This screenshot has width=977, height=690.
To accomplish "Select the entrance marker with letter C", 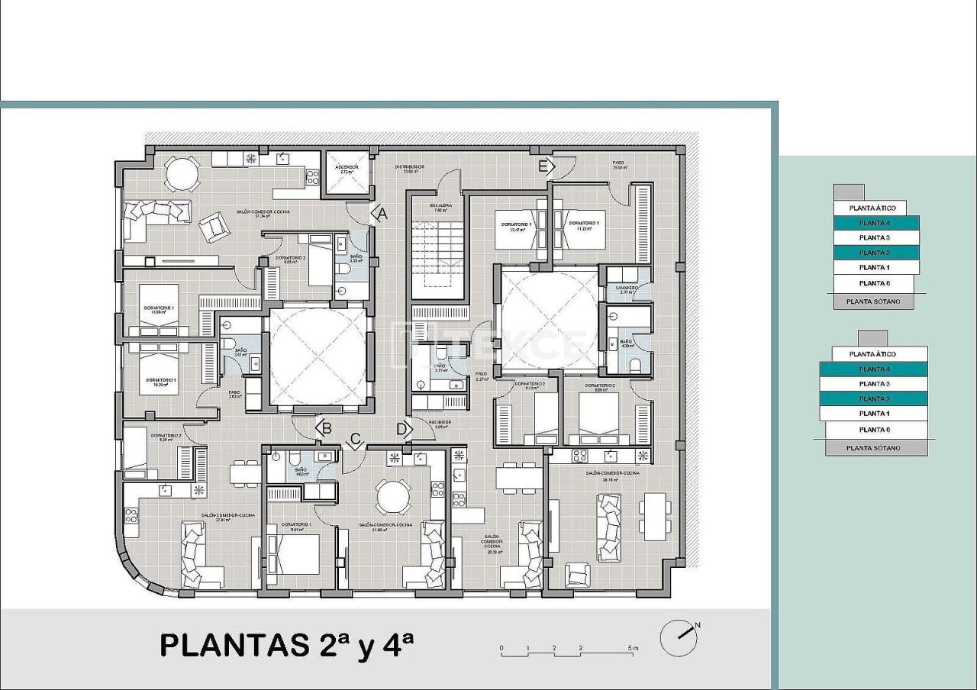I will [x=354, y=440].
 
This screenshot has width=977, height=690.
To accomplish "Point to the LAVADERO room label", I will [x=627, y=289].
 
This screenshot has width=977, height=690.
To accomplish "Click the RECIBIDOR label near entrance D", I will [x=440, y=423].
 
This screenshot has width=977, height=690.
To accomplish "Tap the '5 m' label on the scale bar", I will [x=633, y=649].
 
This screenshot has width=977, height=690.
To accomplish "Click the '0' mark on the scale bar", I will [x=501, y=649].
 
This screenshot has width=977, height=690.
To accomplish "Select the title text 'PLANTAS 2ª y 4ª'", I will [x=286, y=645].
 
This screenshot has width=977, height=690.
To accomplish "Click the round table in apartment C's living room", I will [x=393, y=497].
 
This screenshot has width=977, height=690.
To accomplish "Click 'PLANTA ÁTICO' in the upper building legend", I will [x=869, y=208].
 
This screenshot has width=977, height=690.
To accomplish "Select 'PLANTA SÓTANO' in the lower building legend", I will [x=876, y=448].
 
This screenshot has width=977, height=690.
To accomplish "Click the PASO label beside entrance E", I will [x=619, y=163].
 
